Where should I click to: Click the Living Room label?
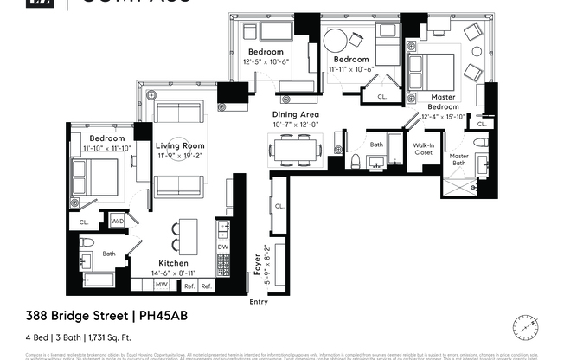pyautogui.click(x=180, y=146)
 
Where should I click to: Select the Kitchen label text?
pyautogui.click(x=173, y=263)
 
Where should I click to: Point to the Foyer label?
pyautogui.click(x=258, y=261)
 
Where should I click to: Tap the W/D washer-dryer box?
pyautogui.click(x=115, y=222)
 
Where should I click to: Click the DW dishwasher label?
pyautogui.click(x=222, y=247)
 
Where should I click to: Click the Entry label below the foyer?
pyautogui.click(x=258, y=302)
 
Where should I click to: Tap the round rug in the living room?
pyautogui.click(x=180, y=150)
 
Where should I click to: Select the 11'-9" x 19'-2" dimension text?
pyautogui.click(x=180, y=157)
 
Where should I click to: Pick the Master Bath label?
pyautogui.click(x=458, y=160)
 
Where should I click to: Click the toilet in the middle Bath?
pyautogui.click(x=356, y=159)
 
